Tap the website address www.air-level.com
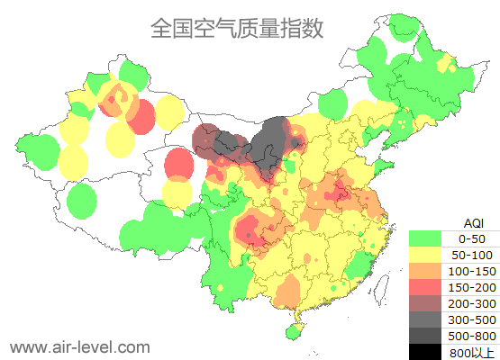tap(79, 346)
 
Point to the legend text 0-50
tap(472, 238)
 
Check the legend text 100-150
tap(472, 271)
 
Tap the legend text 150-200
tap(472, 287)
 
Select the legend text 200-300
tap(472, 303)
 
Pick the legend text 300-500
tap(472, 319)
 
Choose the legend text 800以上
tap(472, 352)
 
